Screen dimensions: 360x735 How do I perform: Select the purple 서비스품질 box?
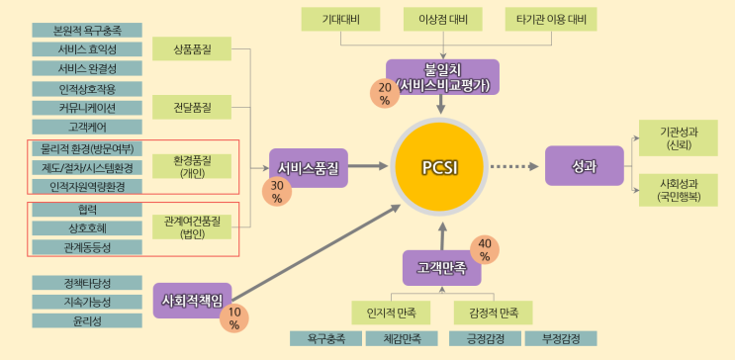[309, 167]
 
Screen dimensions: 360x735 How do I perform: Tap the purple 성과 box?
[584, 166]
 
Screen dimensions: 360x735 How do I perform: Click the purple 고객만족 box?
[442, 267]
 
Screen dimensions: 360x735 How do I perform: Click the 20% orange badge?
[384, 94]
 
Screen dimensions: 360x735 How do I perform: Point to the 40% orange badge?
[485, 250]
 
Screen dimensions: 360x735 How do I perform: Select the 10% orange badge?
[233, 318]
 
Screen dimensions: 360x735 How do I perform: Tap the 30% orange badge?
[276, 192]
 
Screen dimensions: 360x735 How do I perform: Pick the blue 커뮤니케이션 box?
[87, 108]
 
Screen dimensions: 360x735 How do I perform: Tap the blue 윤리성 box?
[87, 320]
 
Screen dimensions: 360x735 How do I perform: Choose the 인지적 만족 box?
[394, 314]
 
